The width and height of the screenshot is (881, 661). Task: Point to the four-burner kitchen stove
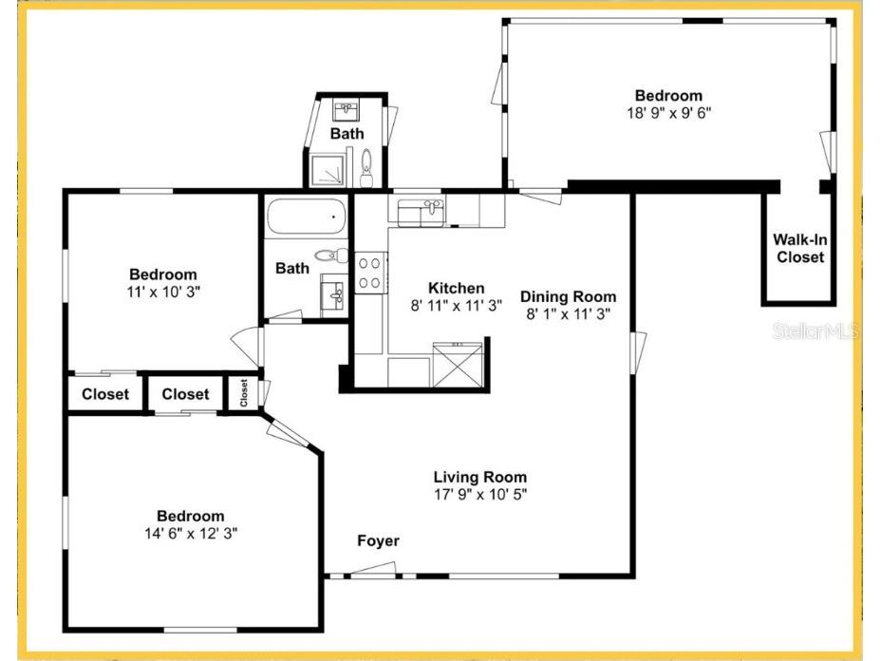(369, 274)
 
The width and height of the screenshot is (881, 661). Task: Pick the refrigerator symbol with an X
(459, 365)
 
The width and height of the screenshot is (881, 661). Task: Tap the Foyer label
(378, 541)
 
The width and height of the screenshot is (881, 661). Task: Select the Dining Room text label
(568, 296)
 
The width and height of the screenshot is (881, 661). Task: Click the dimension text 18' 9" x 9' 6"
(668, 112)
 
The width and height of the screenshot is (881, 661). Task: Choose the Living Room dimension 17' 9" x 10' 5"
(479, 495)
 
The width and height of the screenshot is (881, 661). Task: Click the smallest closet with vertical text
(244, 392)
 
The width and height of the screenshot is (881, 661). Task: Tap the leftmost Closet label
(105, 394)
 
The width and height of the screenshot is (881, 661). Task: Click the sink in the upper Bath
(347, 107)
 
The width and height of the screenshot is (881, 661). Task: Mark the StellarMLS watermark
(815, 331)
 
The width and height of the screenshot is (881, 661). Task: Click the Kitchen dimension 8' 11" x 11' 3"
(456, 306)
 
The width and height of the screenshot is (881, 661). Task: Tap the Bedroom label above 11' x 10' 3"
(163, 274)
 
